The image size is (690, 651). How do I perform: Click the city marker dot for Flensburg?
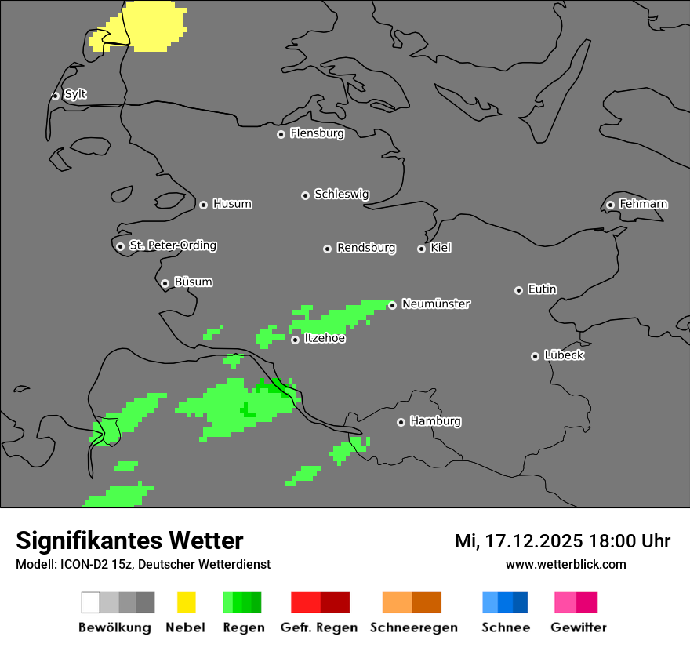coord(281,134)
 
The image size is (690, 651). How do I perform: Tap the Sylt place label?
coord(75,94)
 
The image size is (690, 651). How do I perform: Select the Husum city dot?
coord(203,205)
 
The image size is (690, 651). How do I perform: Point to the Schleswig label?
coord(341,194)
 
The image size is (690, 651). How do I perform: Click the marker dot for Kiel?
coord(421,249)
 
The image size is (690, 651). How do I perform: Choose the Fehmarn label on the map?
coord(643,204)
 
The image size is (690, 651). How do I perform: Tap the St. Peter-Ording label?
coord(172,245)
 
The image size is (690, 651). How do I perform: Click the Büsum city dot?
coord(165,283)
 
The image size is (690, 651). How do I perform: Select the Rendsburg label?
coord(366,248)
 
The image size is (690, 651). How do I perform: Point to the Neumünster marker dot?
coord(392,305)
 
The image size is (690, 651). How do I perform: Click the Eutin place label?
coord(542,289)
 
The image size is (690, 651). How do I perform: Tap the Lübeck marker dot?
coord(535,356)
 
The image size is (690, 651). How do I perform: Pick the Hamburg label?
coord(435,421)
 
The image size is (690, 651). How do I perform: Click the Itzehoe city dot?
coord(295,340)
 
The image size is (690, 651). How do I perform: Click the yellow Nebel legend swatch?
coord(186,602)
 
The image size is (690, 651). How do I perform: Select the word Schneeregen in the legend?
coord(414,627)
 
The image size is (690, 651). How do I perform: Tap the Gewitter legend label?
coord(579,627)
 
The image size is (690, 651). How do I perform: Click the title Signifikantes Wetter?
coord(129,540)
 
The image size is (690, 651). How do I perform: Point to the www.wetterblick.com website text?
coord(565,564)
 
